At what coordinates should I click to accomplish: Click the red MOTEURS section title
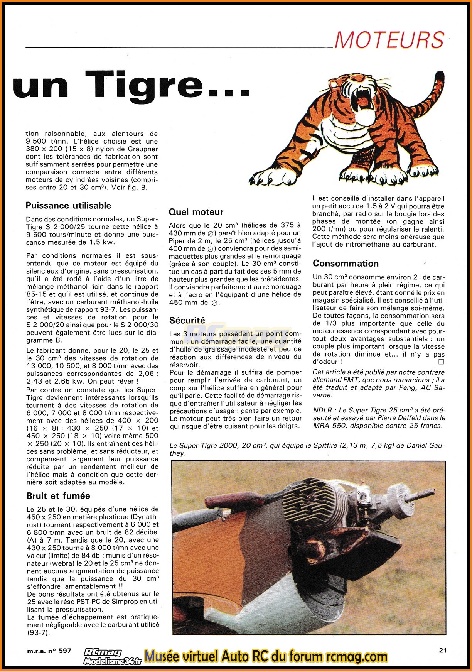[x=389, y=40]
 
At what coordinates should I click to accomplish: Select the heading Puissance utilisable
[x=68, y=206]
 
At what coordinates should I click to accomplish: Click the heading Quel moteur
[x=196, y=212]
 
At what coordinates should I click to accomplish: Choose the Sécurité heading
[x=187, y=320]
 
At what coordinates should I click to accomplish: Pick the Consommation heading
[x=346, y=264]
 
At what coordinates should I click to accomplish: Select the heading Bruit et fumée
[x=58, y=496]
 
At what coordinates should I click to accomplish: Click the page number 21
[x=443, y=650]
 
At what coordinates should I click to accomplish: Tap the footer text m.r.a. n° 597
[x=49, y=651]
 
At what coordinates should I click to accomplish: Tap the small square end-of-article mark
[x=441, y=362]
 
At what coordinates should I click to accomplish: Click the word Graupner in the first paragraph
[x=142, y=149]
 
